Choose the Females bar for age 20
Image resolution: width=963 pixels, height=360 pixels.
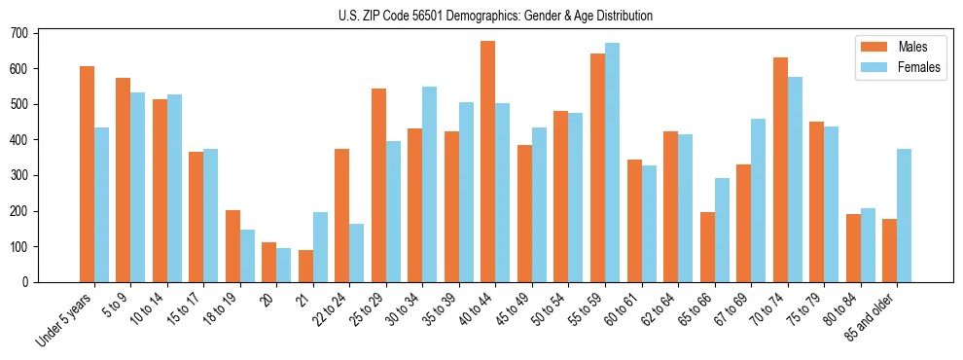tap(283, 265)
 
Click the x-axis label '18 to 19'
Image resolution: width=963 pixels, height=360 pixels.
tap(220, 305)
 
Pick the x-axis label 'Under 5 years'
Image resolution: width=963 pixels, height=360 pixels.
tap(64, 317)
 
